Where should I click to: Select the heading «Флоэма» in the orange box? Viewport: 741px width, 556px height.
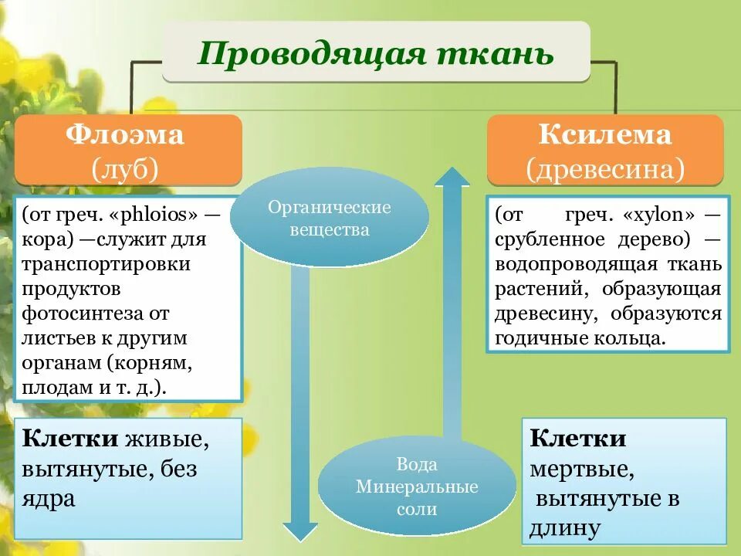(x=125, y=135)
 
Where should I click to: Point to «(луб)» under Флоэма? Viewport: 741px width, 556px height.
(x=125, y=168)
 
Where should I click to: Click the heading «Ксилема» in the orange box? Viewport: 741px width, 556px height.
(x=605, y=136)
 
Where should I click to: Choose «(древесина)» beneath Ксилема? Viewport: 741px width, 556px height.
(x=605, y=168)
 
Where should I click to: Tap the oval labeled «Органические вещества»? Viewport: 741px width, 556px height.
(x=330, y=218)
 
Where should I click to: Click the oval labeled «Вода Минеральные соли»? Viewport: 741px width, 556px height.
(x=417, y=486)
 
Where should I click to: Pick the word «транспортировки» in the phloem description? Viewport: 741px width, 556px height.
(x=106, y=263)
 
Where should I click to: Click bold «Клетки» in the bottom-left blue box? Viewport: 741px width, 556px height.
(x=70, y=439)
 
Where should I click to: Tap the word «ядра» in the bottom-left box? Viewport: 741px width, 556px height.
(x=49, y=498)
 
